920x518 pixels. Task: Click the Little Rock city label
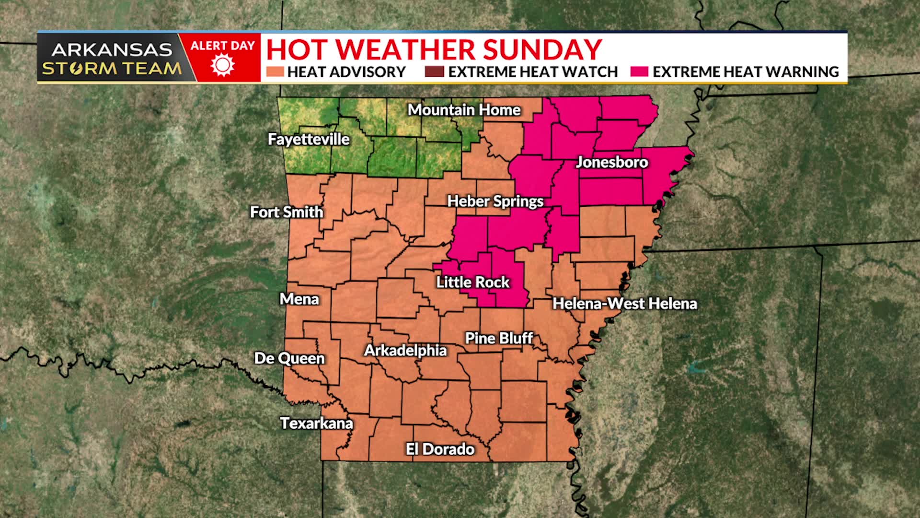472,282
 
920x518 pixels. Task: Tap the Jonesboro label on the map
612,162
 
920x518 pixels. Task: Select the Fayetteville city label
309,140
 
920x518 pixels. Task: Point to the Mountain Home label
464,110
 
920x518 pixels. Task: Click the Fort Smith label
287,212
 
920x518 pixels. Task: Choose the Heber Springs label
495,201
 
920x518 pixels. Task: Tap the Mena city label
299,299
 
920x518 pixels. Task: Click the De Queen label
289,358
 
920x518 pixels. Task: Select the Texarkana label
316,423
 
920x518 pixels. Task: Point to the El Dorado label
440,449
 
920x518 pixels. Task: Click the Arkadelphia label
405,351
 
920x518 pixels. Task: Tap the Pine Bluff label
499,339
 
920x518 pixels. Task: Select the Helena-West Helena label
624,304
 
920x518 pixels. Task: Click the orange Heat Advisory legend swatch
275,72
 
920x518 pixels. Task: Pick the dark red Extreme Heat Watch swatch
434,72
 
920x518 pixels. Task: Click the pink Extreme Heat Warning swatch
639,72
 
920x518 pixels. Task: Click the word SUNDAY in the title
542,49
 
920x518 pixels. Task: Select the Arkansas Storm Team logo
112,59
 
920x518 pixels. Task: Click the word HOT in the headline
298,49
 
